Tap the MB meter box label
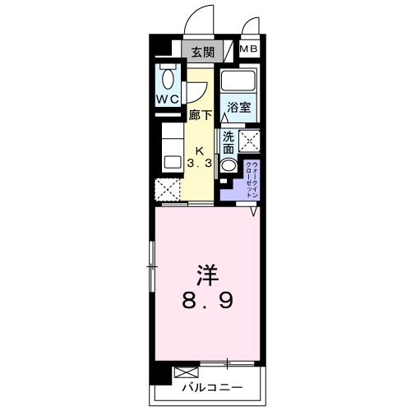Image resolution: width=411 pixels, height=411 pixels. (247, 49)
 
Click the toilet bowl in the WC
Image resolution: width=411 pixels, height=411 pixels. (169, 79)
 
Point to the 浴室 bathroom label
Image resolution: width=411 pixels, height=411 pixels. (240, 108)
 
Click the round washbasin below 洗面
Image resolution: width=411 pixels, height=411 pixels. (229, 163)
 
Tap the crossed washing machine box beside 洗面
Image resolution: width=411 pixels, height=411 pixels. (250, 141)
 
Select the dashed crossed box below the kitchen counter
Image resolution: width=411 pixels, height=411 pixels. (169, 190)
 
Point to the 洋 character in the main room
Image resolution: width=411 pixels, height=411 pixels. (206, 274)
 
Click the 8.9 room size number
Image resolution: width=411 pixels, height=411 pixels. (206, 302)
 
